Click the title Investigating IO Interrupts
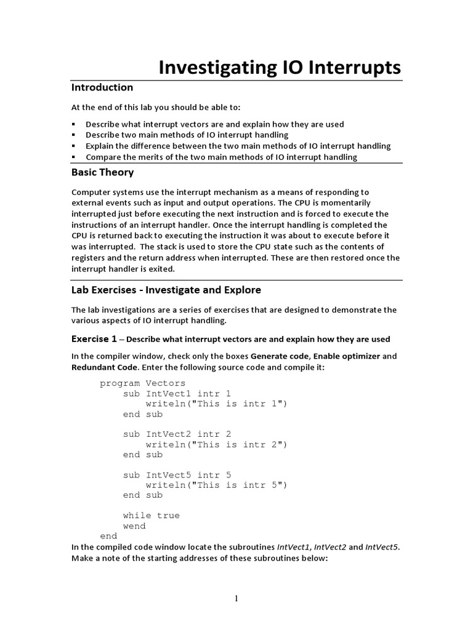[280, 67]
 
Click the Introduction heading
[102, 87]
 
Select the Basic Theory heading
[102, 172]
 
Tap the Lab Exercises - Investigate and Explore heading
[166, 289]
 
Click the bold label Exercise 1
[94, 339]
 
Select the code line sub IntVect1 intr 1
[177, 394]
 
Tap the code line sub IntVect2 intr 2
[177, 434]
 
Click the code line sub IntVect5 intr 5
[177, 475]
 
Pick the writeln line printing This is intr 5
[216, 485]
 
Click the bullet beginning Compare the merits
[221, 157]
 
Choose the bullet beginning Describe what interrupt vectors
[214, 124]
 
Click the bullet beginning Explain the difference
[238, 146]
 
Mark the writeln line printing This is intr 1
[216, 404]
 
